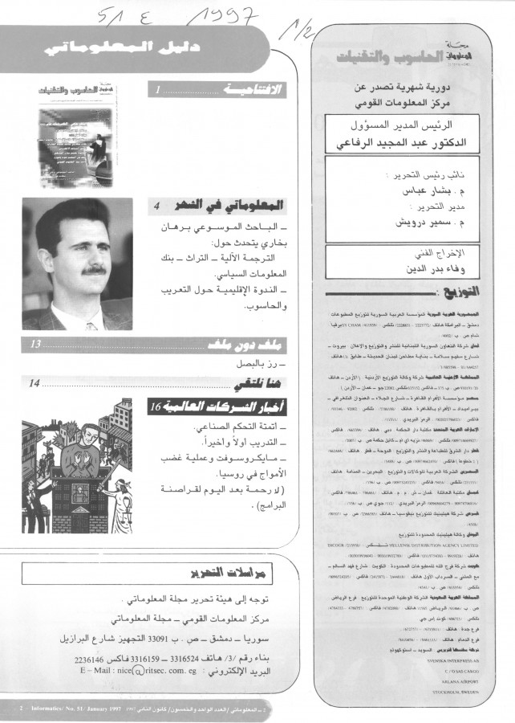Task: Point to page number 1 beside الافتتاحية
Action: pos(160,92)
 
